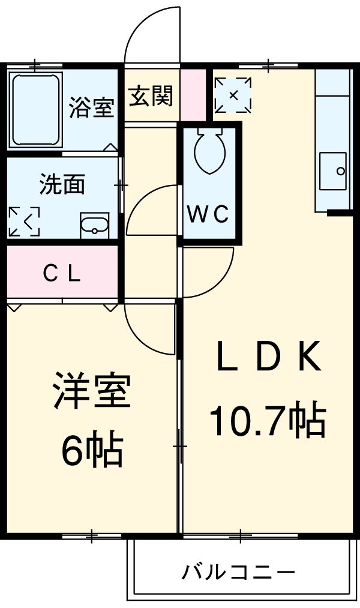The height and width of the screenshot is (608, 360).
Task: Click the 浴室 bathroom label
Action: click(x=91, y=107)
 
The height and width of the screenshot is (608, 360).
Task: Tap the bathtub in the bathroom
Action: click(x=36, y=110)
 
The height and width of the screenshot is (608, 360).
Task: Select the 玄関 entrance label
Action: click(x=151, y=95)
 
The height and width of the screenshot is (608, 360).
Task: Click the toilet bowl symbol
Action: click(x=210, y=151)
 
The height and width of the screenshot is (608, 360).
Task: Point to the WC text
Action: click(x=208, y=214)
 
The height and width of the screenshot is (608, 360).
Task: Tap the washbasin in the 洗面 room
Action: click(x=95, y=226)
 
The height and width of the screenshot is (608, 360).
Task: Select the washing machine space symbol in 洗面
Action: click(x=24, y=221)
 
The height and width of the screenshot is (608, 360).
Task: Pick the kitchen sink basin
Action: click(x=333, y=171)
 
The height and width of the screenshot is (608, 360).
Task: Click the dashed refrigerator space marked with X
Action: click(x=233, y=95)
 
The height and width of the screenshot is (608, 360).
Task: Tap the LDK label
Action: click(x=269, y=356)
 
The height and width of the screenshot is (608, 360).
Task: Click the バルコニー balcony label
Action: click(x=239, y=571)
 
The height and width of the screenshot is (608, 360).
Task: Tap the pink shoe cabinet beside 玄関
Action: click(x=193, y=95)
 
